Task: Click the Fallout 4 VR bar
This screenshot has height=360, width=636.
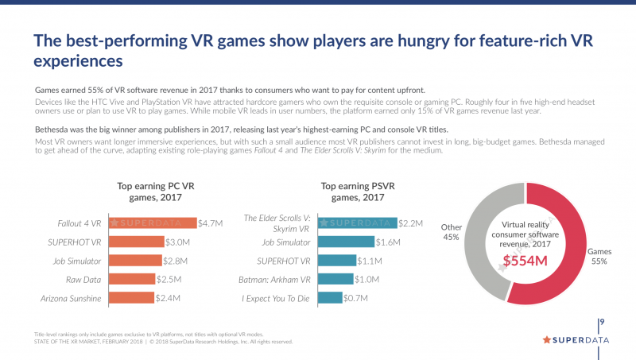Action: coord(153,223)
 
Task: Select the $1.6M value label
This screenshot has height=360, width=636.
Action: coord(387,242)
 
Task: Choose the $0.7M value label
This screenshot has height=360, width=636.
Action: coord(355,298)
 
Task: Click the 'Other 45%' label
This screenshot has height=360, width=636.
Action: coord(452,231)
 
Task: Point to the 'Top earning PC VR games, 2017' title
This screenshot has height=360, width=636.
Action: coord(151,192)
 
